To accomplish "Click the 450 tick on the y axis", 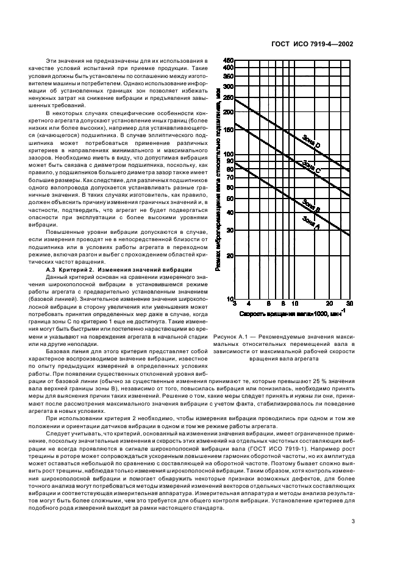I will [229, 60].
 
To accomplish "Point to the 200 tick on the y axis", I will [229, 112].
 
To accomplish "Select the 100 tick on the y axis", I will [229, 155].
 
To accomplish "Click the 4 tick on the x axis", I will [249, 303].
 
